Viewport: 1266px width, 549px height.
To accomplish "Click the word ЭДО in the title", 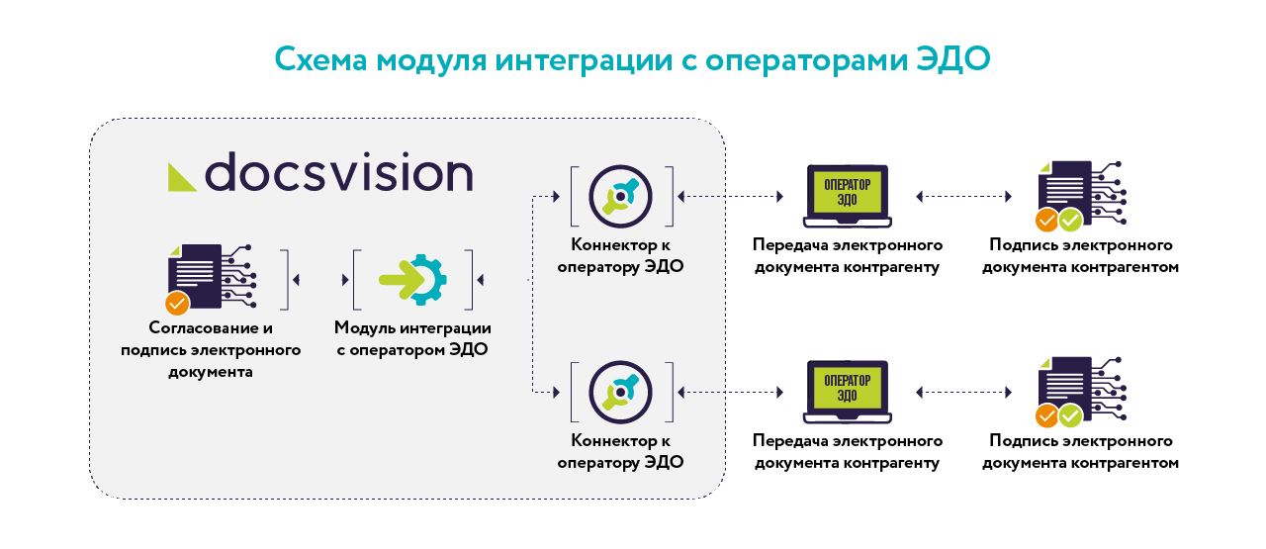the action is [952, 58].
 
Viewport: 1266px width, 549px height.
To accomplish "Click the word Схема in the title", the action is [321, 58].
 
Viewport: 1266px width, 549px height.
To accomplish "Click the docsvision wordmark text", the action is [338, 171].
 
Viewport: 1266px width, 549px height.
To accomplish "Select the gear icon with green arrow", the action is [413, 280].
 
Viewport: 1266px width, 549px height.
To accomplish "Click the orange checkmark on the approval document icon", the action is [177, 303].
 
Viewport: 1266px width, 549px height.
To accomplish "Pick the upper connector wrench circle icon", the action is [620, 196].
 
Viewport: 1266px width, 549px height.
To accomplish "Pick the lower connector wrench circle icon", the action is [620, 393].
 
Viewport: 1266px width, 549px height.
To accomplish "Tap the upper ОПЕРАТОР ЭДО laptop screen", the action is [848, 192].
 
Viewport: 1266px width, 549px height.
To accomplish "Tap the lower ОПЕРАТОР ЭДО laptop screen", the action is [848, 388].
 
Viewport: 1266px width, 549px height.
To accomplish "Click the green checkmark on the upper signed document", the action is [1070, 221].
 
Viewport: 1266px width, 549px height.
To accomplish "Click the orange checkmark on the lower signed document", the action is [1046, 416].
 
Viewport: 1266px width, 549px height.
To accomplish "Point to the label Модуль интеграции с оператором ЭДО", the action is [412, 338].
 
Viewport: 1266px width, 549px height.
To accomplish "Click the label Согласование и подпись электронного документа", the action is [211, 349].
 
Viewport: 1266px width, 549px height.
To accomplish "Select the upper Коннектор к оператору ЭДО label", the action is [620, 255].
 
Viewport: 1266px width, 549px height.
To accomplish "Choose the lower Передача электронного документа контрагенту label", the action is [848, 452].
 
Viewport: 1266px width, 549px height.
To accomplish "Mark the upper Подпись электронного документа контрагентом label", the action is [1081, 255].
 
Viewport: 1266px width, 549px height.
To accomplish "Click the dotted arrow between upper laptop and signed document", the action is [963, 197].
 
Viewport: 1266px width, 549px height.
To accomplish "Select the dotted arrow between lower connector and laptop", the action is [730, 393].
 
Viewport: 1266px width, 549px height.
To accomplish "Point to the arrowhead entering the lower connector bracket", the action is [557, 393].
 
